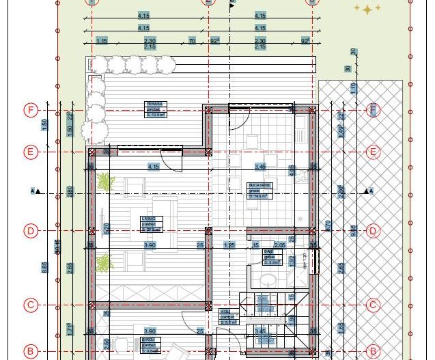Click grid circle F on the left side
[30, 110]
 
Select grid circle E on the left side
[30, 152]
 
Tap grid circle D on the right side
[374, 231]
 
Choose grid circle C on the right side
[374, 305]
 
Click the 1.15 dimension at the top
[102, 42]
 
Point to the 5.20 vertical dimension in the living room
[106, 227]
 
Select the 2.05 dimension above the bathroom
[279, 245]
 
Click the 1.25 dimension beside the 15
[229, 245]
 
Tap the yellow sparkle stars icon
[367, 9]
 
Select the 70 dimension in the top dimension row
[192, 42]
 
